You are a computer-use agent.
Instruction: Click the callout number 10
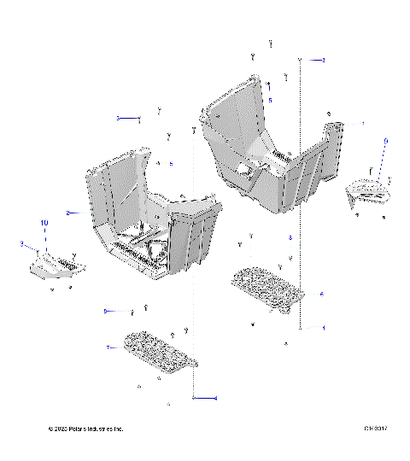tap(44, 222)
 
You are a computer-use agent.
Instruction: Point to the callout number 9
tap(385, 139)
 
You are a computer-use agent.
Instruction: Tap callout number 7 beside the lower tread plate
tap(108, 347)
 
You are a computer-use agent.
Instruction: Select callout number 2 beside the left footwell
tap(67, 212)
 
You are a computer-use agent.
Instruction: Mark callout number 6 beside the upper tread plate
tap(321, 293)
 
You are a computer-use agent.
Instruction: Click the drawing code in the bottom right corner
tap(375, 429)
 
